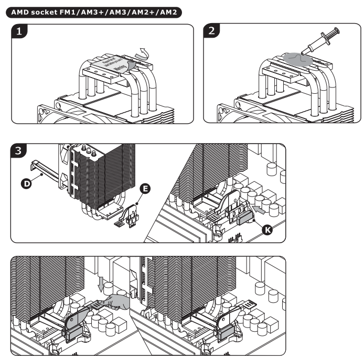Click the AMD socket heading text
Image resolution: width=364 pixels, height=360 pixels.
click(x=94, y=11)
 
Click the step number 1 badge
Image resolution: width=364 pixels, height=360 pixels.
click(x=19, y=31)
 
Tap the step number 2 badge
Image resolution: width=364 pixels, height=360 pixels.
click(x=211, y=31)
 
